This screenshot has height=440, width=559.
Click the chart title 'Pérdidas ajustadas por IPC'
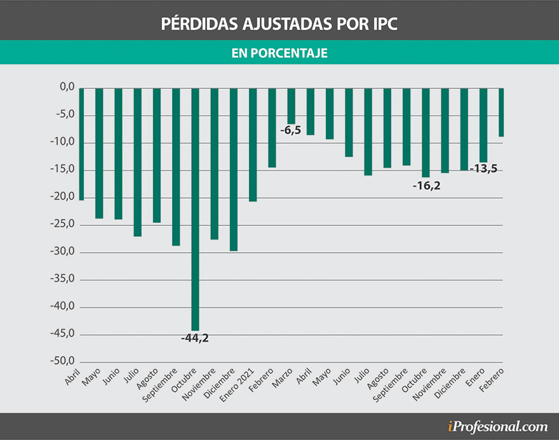[x=279, y=23]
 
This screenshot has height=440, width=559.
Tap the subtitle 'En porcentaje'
[x=279, y=53]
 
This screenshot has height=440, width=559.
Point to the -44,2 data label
[x=194, y=338]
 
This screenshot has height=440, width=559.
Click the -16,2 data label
[x=426, y=187]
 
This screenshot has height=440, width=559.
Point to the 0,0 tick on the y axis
[x=67, y=87]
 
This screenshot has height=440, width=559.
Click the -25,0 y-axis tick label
[x=64, y=224]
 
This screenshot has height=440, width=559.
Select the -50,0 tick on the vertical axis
[x=64, y=361]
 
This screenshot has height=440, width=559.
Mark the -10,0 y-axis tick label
[x=64, y=142]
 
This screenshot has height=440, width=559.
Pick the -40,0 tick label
[x=64, y=307]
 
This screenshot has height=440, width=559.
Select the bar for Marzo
[x=291, y=106]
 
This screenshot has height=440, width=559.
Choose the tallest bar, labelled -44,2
[x=195, y=209]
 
